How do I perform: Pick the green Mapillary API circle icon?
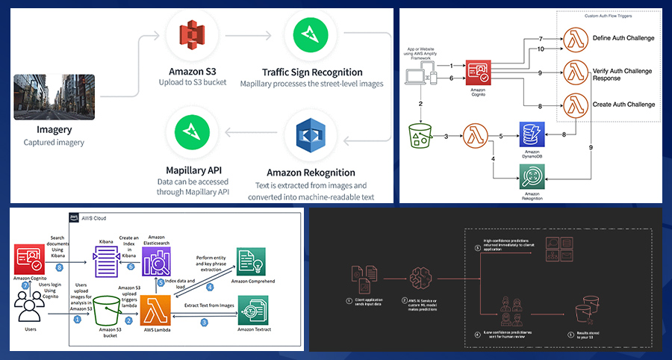click(x=190, y=131)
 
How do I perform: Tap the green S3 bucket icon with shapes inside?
click(x=420, y=137)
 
